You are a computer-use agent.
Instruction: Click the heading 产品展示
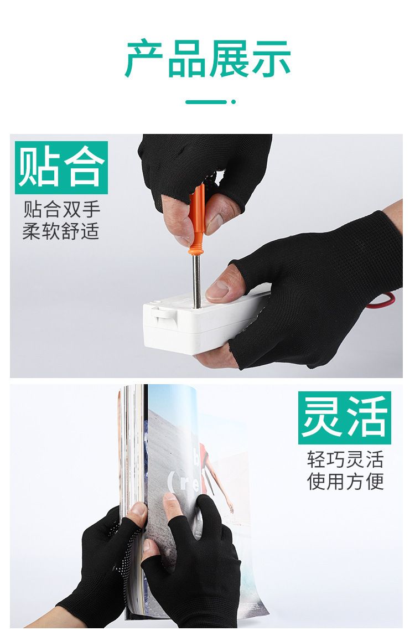pyautogui.click(x=207, y=59)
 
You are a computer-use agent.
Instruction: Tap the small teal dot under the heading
pyautogui.click(x=234, y=102)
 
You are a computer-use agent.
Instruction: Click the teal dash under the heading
pyautogui.click(x=206, y=102)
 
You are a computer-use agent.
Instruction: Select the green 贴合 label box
pyautogui.click(x=61, y=168)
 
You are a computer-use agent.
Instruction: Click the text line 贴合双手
pyautogui.click(x=61, y=210)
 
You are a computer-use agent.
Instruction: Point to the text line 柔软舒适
pyautogui.click(x=61, y=231)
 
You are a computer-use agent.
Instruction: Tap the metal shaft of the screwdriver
pyautogui.click(x=197, y=280)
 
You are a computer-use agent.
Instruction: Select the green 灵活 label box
pyautogui.click(x=345, y=418)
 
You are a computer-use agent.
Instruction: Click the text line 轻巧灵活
pyautogui.click(x=345, y=460)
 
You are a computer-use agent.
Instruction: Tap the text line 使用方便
pyautogui.click(x=345, y=482)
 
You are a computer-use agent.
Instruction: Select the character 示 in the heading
pyautogui.click(x=271, y=59)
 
